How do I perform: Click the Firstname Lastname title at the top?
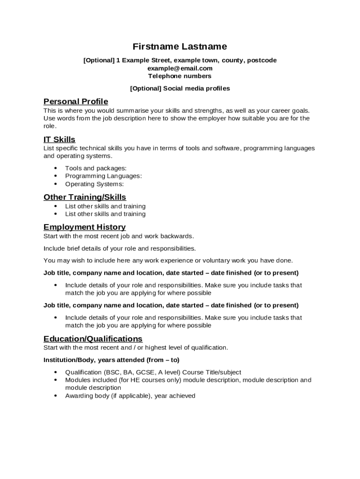[180, 46]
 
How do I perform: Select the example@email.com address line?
[180, 68]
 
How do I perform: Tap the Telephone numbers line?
[180, 76]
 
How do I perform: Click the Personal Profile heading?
[76, 102]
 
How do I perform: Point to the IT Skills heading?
[59, 139]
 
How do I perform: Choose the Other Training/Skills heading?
[85, 197]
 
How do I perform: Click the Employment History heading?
[85, 227]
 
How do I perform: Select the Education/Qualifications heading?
[93, 339]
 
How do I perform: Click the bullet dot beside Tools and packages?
[56, 168]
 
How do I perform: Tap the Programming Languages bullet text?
[103, 176]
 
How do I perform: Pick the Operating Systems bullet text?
[94, 184]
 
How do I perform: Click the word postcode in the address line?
[262, 60]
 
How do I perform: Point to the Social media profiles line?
[180, 88]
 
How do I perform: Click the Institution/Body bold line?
[111, 360]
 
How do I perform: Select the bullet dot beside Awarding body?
[56, 396]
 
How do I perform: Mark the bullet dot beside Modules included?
[56, 380]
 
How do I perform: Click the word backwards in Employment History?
[177, 236]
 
